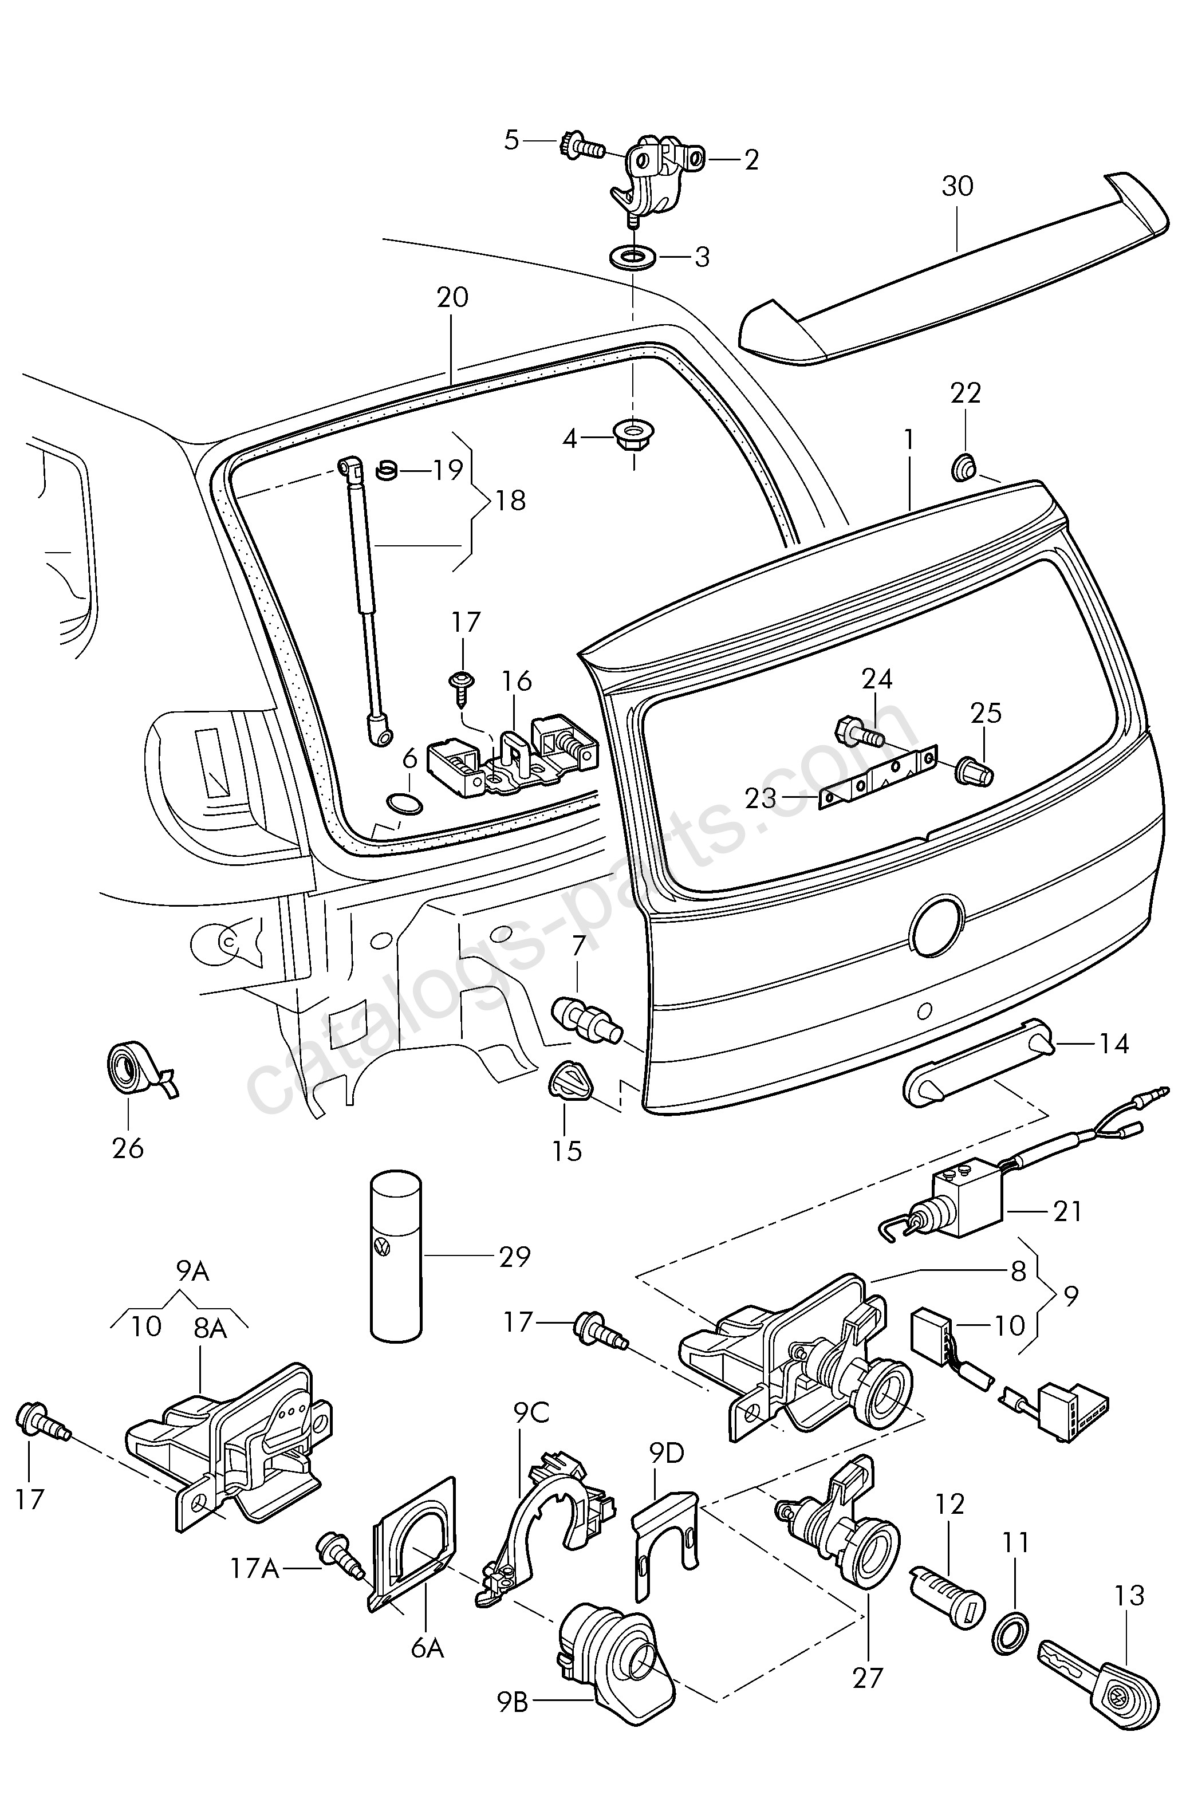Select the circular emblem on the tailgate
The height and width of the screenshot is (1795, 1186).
(937, 924)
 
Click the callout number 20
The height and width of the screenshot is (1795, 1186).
(452, 297)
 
